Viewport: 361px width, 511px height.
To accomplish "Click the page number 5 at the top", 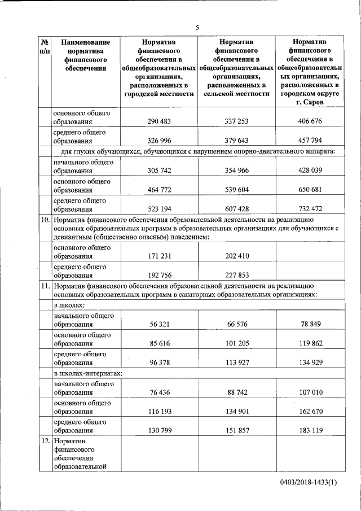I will click(x=197, y=27).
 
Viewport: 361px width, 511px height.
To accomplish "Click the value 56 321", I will click(x=162, y=325).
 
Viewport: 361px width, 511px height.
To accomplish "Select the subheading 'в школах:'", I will click(x=69, y=305).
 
